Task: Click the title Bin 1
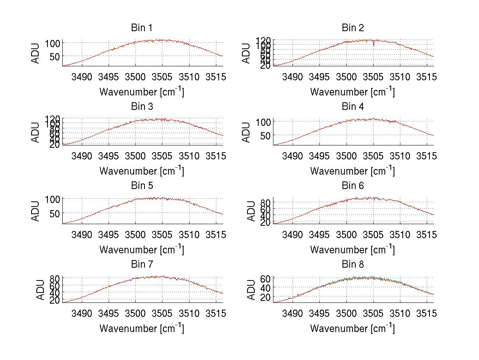(141, 28)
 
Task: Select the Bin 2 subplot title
(353, 28)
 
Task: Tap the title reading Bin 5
(141, 186)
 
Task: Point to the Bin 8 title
(353, 265)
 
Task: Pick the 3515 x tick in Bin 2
(427, 77)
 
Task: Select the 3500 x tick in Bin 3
(135, 155)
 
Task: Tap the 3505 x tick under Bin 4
(373, 155)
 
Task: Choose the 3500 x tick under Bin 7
(135, 313)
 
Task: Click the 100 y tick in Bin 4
(263, 121)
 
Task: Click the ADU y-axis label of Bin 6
(251, 211)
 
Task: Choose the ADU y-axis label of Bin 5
(36, 211)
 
